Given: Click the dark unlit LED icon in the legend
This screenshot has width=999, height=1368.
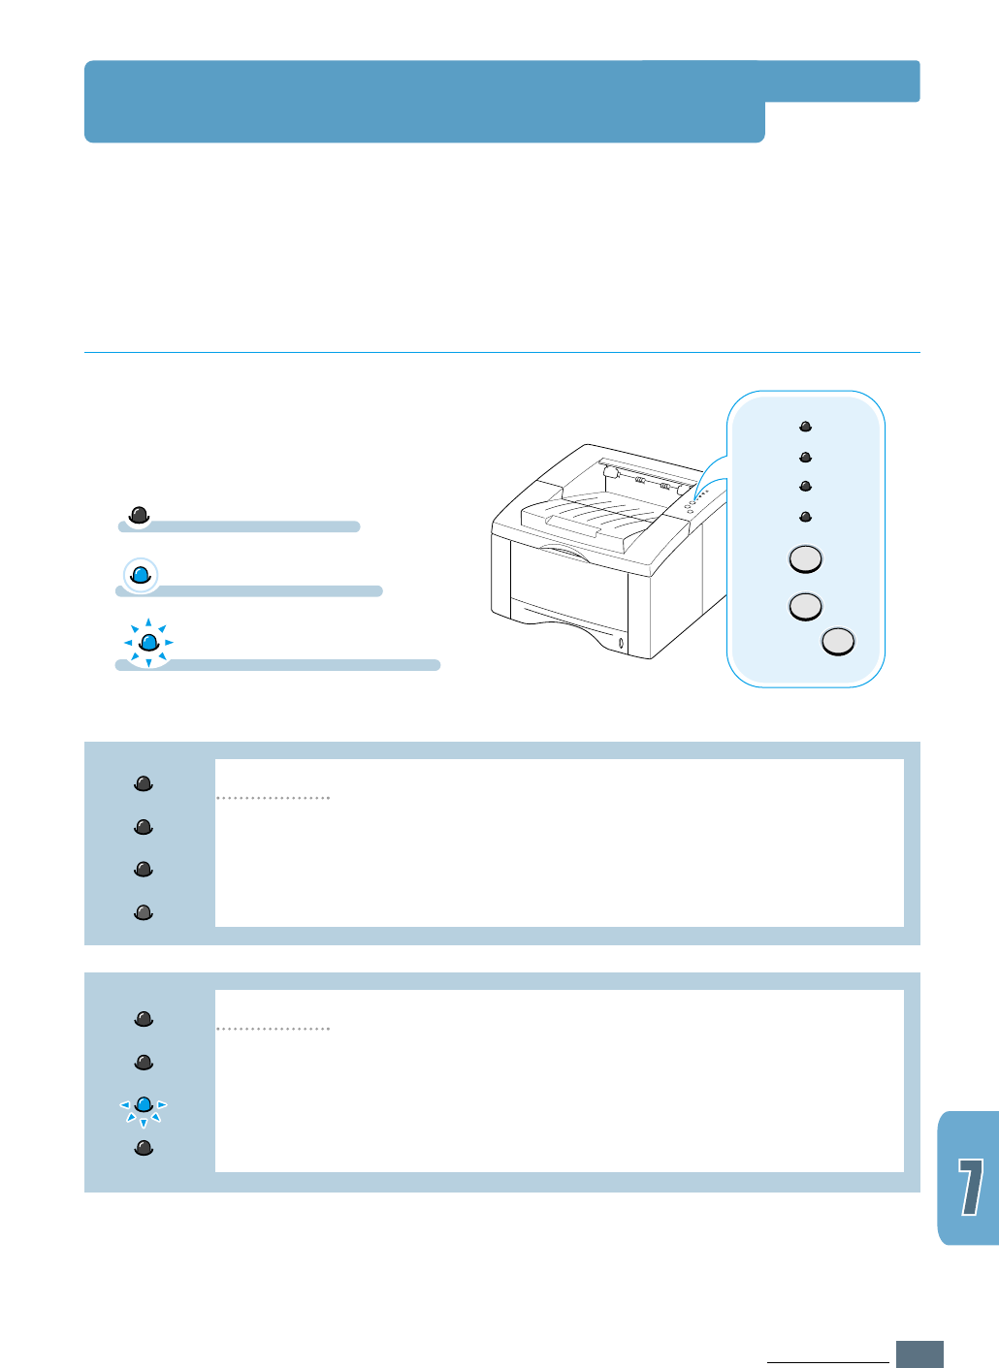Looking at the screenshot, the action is point(140,515).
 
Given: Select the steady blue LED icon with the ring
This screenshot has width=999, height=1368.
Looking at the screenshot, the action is point(141,575).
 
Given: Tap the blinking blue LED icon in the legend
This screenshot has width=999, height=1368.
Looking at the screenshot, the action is point(148,642).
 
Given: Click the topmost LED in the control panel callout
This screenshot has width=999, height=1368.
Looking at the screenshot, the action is point(805,426).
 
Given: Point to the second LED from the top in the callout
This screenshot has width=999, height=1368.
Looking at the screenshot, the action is point(805,457).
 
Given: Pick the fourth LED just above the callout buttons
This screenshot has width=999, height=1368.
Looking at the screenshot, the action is point(805,517).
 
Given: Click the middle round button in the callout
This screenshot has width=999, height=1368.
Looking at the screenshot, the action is point(805,606).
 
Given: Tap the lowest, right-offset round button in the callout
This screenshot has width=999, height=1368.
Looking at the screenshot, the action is point(838,642).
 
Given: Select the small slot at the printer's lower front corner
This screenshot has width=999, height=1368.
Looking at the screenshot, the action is point(621,644).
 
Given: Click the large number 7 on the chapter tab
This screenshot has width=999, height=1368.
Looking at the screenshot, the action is point(970,1187).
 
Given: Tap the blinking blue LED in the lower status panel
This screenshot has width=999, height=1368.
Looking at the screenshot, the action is point(144,1104).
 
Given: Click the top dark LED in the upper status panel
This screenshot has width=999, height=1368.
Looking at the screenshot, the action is point(144,783).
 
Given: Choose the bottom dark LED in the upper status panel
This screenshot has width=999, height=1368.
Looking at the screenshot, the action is point(144,911).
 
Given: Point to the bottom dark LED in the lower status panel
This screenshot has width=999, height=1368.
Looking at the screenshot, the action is point(144,1148).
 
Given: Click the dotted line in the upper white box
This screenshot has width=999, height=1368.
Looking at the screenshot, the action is point(274,798).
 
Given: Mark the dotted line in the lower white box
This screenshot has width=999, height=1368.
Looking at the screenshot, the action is point(274,1029).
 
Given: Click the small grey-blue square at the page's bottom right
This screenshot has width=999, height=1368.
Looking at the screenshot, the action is point(919,1353).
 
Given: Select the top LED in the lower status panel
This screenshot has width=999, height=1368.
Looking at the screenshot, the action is point(144,1018).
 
